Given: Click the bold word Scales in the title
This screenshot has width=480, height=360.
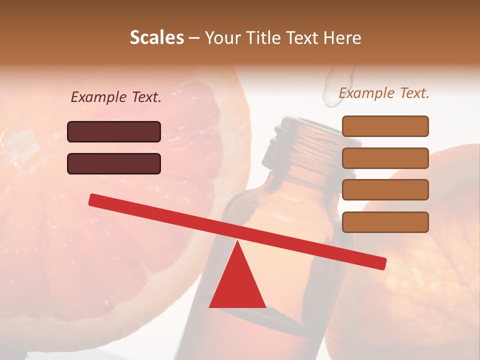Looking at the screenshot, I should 156,37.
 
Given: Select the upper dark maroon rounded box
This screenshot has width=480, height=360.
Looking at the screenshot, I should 114,131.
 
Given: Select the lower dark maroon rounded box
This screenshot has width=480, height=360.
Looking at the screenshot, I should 114,163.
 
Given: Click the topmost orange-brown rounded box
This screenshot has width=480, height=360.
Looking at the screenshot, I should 385,126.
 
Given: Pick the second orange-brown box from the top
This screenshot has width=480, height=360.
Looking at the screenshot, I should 385,158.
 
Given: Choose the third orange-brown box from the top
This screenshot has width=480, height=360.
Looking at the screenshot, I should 385,190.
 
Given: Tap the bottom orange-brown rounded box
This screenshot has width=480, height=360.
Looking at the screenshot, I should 385,222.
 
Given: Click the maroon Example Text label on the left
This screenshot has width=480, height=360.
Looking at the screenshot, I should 116,97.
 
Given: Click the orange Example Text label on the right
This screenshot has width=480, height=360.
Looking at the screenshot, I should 384,93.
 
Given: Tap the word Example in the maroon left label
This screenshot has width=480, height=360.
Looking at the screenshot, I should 99,97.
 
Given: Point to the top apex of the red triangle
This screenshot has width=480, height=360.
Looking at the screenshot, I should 237,241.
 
